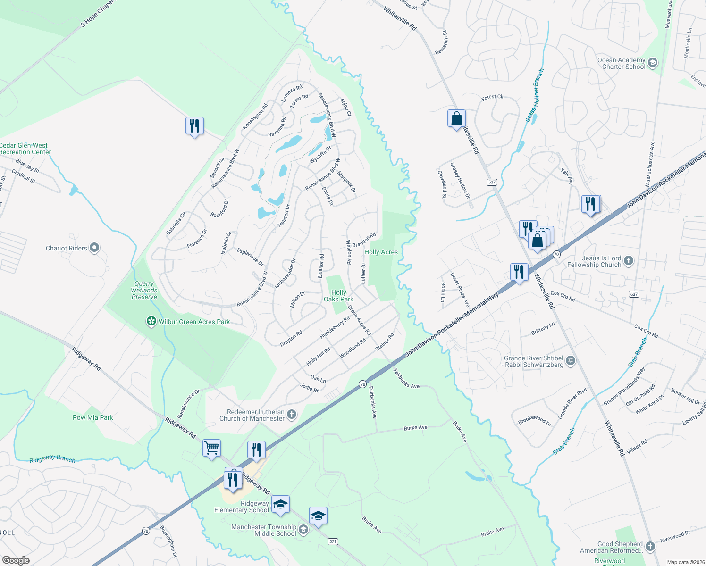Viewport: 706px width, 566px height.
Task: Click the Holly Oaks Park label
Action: pyautogui.click(x=338, y=296)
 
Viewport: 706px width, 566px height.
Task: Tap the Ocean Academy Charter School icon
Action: pyautogui.click(x=653, y=63)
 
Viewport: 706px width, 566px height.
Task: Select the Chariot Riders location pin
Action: pyautogui.click(x=94, y=248)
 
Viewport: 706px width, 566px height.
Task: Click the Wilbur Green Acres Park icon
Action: pyautogui.click(x=151, y=322)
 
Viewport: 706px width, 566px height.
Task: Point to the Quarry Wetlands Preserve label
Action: pyautogui.click(x=144, y=290)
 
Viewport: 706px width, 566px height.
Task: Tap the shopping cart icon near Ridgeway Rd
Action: pyautogui.click(x=211, y=448)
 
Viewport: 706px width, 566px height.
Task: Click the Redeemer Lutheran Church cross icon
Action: pyautogui.click(x=292, y=415)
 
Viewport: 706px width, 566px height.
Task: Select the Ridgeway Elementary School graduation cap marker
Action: pyautogui.click(x=280, y=505)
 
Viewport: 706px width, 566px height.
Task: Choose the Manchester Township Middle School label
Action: pyautogui.click(x=263, y=530)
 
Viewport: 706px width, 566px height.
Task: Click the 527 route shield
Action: pyautogui.click(x=492, y=182)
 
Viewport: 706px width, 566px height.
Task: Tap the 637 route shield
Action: pyautogui.click(x=634, y=294)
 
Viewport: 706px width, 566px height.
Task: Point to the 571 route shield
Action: pyautogui.click(x=333, y=541)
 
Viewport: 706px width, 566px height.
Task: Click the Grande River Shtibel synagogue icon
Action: pyautogui.click(x=571, y=361)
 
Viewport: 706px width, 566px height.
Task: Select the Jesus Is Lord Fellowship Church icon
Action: pyautogui.click(x=628, y=260)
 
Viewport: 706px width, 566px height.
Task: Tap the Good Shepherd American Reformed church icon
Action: pyautogui.click(x=650, y=546)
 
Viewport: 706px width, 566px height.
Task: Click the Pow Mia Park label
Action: pyautogui.click(x=92, y=417)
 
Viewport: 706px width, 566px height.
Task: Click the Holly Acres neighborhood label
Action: pyautogui.click(x=381, y=252)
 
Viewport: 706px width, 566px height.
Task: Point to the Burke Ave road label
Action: pyautogui.click(x=415, y=428)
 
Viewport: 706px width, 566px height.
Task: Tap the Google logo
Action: pyautogui.click(x=16, y=560)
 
